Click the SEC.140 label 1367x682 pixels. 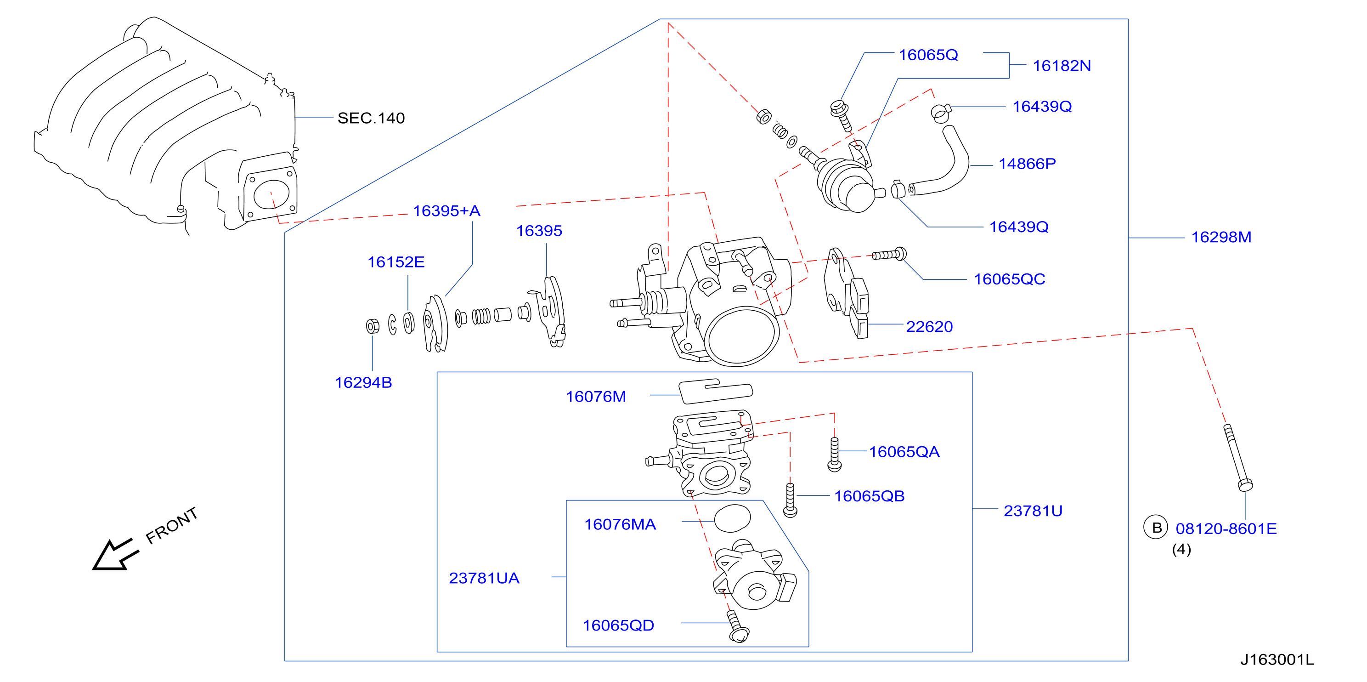[371, 118]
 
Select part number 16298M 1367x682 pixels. [1221, 237]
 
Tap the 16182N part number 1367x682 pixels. [1062, 66]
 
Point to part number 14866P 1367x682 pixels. [1027, 164]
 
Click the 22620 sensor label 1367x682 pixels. [929, 326]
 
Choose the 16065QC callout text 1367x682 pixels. [1009, 279]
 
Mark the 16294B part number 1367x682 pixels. [363, 383]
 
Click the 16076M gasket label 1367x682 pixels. [596, 397]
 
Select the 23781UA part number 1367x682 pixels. [484, 578]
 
